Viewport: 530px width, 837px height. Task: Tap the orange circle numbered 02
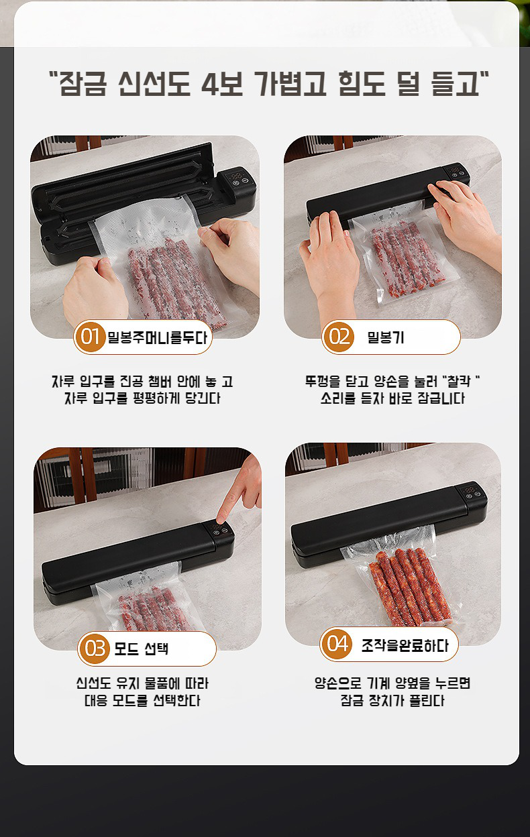coord(339,337)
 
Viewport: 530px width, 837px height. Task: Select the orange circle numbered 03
coord(95,649)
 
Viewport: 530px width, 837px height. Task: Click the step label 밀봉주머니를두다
coord(157,337)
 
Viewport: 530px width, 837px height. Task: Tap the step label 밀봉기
coord(386,337)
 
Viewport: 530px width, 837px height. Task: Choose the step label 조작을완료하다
coord(405,645)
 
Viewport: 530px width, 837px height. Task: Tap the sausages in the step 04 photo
coord(407,583)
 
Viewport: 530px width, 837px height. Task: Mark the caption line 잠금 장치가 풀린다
coord(392,702)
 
